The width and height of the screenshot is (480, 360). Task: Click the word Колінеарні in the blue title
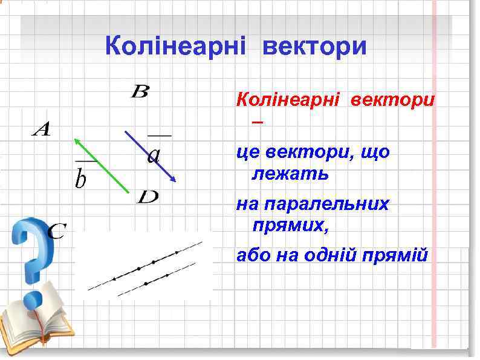(x=175, y=46)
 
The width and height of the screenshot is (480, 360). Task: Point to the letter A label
(x=41, y=129)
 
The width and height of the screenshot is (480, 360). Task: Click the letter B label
(x=140, y=92)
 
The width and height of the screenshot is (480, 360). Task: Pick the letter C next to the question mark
(x=56, y=231)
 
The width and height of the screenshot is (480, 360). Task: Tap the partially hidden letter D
(x=148, y=197)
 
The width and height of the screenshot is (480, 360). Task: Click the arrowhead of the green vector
(x=77, y=141)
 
